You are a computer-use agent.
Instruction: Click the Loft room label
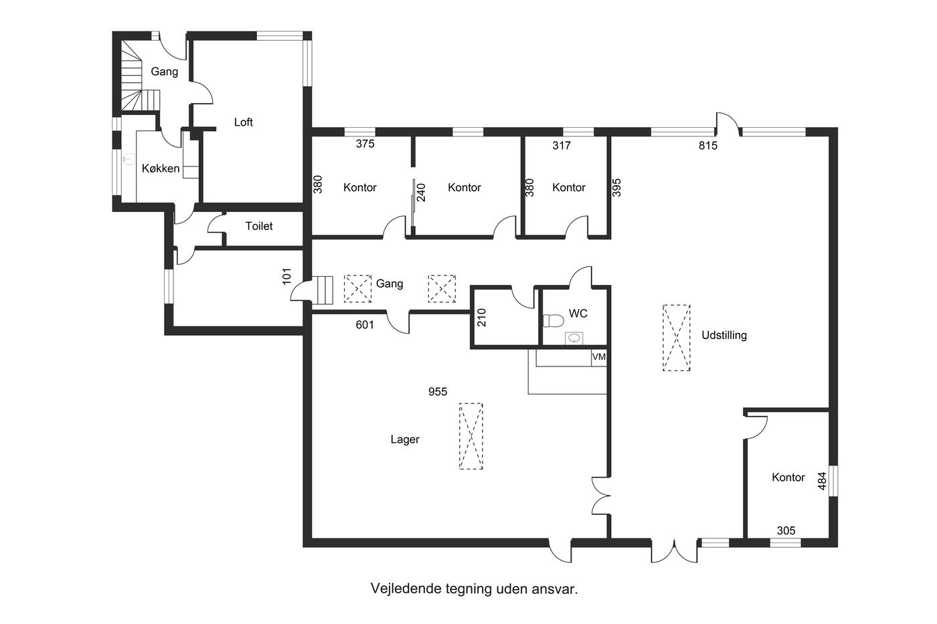click(x=244, y=122)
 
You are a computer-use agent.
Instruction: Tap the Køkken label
click(x=161, y=169)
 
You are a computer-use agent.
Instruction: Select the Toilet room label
click(x=259, y=226)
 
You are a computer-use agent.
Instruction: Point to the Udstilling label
click(x=724, y=335)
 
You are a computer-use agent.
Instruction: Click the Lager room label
click(x=405, y=439)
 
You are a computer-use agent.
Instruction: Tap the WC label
click(x=578, y=314)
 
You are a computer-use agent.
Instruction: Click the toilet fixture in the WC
click(x=553, y=320)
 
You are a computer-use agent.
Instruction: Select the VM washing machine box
click(x=599, y=357)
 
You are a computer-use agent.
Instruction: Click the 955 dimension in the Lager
click(x=438, y=392)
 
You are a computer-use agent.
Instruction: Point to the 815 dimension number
click(x=708, y=145)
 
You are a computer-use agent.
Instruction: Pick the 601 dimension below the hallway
click(x=365, y=325)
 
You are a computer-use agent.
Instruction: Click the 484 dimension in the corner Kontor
click(x=822, y=481)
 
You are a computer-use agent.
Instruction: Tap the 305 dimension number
click(x=786, y=531)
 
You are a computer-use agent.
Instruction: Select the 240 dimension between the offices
click(x=421, y=193)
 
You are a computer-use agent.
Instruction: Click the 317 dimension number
click(x=562, y=145)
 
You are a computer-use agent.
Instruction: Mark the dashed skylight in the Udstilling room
click(x=677, y=338)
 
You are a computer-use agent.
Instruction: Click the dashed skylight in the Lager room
click(x=471, y=436)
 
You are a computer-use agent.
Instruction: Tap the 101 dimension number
click(x=286, y=276)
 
